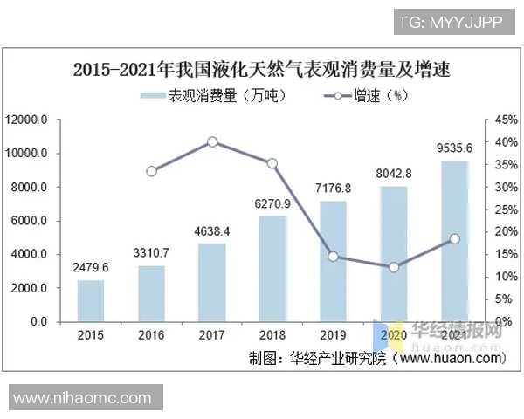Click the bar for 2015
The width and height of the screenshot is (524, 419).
(x=91, y=300)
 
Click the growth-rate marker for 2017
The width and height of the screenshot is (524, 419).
(x=212, y=141)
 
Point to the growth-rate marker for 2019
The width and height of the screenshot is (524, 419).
(x=333, y=257)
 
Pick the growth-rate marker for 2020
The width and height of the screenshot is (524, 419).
(x=393, y=267)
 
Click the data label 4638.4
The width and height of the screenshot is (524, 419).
(x=212, y=232)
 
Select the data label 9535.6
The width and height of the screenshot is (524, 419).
(x=453, y=148)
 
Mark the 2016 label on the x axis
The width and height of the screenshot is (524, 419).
(x=151, y=335)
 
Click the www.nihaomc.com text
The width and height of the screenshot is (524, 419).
(x=83, y=399)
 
